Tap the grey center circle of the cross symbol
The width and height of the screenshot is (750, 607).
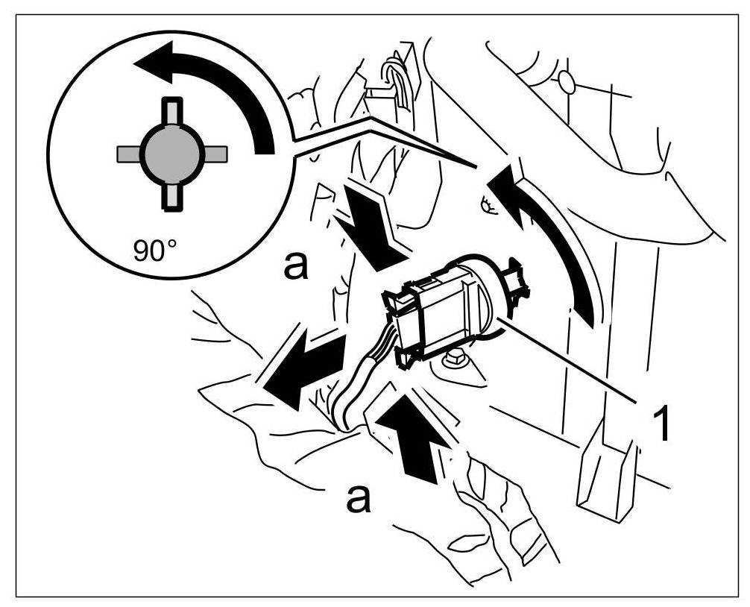tap(171, 153)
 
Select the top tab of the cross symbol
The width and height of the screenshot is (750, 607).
tap(171, 111)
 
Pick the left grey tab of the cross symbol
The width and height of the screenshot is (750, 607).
tap(129, 154)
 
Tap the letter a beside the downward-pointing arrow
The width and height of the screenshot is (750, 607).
tap(296, 266)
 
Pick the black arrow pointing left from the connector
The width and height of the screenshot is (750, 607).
tap(302, 365)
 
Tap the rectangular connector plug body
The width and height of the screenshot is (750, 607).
tap(432, 317)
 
